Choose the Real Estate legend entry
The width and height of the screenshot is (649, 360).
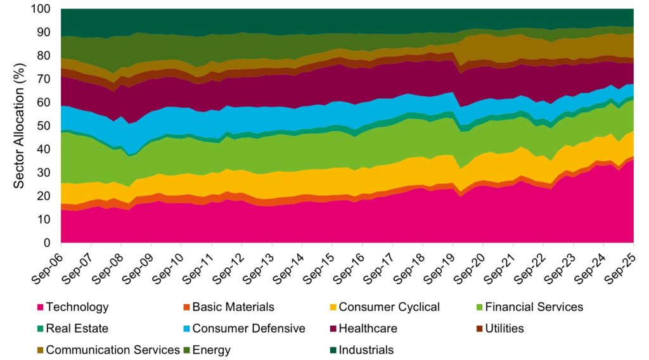coord(77,328)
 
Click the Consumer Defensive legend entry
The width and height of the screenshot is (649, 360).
coord(248,328)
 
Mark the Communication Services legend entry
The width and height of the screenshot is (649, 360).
coord(113,350)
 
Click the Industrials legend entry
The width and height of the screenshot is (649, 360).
coord(366,350)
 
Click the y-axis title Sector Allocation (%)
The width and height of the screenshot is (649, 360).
coord(20,127)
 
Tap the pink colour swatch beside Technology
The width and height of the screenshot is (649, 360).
coord(40,307)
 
